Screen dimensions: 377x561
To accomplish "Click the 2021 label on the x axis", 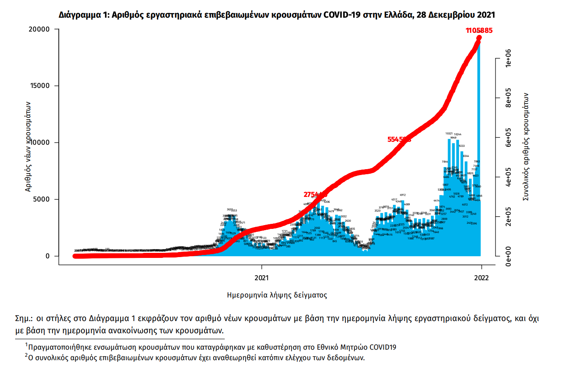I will [x=262, y=278].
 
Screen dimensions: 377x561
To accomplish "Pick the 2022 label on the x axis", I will [x=482, y=278].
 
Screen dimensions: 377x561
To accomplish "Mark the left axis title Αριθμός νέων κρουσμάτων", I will [x=28, y=146].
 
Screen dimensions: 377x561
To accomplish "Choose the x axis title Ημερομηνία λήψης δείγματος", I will [x=277, y=295].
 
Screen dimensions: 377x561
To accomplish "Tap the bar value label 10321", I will [x=449, y=134].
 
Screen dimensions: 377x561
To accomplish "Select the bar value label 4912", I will [x=402, y=195].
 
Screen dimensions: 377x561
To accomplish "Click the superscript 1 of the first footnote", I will [x=26, y=345].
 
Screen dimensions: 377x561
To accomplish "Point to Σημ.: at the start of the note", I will [x=24, y=319].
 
